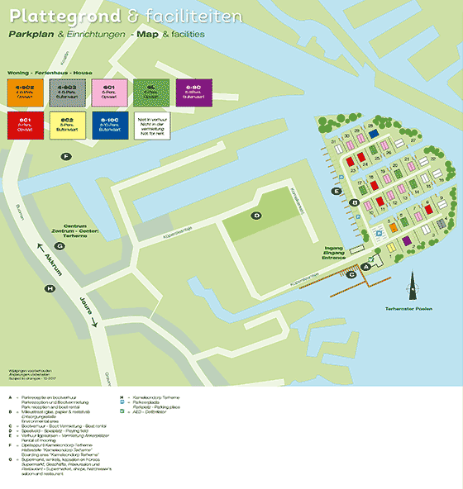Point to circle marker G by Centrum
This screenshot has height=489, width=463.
tap(60, 245)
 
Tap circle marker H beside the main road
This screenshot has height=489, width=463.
tap(50, 288)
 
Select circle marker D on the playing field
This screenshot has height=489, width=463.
tap(257, 216)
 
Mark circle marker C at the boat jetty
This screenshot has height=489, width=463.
tap(351, 274)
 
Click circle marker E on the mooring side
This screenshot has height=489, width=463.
tap(336, 192)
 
